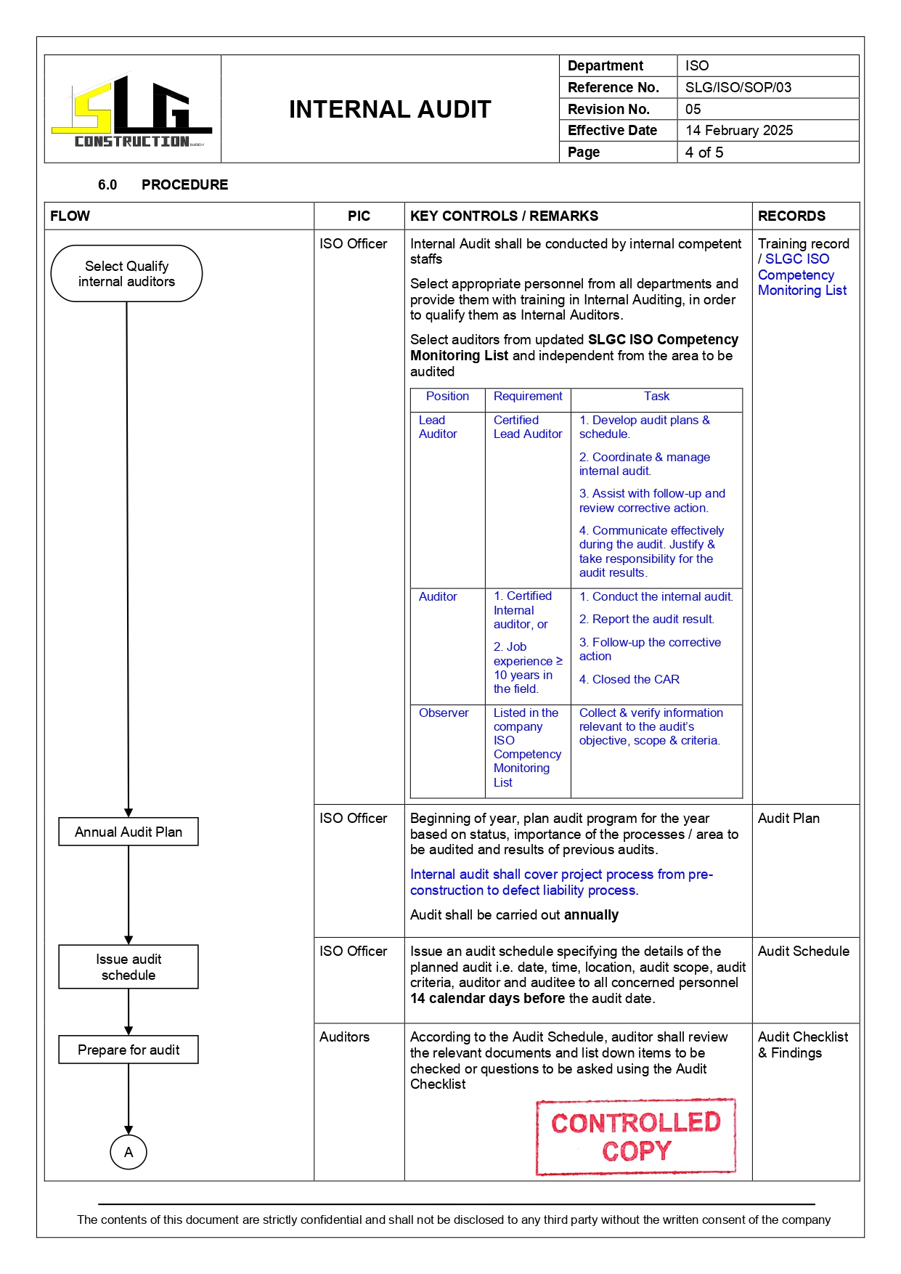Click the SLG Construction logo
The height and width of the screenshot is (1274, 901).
[132, 110]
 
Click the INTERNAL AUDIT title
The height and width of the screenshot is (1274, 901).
[390, 110]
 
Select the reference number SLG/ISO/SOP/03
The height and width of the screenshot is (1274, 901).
[738, 87]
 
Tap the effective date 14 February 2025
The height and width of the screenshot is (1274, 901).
[738, 131]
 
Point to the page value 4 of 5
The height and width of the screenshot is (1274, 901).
[704, 153]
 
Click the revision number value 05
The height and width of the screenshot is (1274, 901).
[693, 109]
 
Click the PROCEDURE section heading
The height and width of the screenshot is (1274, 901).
[184, 184]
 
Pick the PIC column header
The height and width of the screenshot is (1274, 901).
[359, 216]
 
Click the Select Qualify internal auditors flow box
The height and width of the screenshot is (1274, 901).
[126, 274]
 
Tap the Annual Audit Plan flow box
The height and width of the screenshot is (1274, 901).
[129, 832]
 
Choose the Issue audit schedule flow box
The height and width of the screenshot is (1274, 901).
[129, 967]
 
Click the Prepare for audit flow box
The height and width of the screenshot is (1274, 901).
[129, 1050]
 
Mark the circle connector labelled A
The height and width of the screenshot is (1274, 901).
[129, 1152]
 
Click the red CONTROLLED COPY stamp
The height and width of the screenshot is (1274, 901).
[636, 1137]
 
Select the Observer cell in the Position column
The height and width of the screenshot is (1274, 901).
[444, 713]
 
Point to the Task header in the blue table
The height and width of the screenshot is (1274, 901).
[656, 397]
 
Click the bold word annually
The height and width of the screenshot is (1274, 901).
[591, 915]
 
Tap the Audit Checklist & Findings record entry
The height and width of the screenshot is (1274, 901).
[802, 1044]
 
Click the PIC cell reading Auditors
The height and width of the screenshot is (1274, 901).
[344, 1037]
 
